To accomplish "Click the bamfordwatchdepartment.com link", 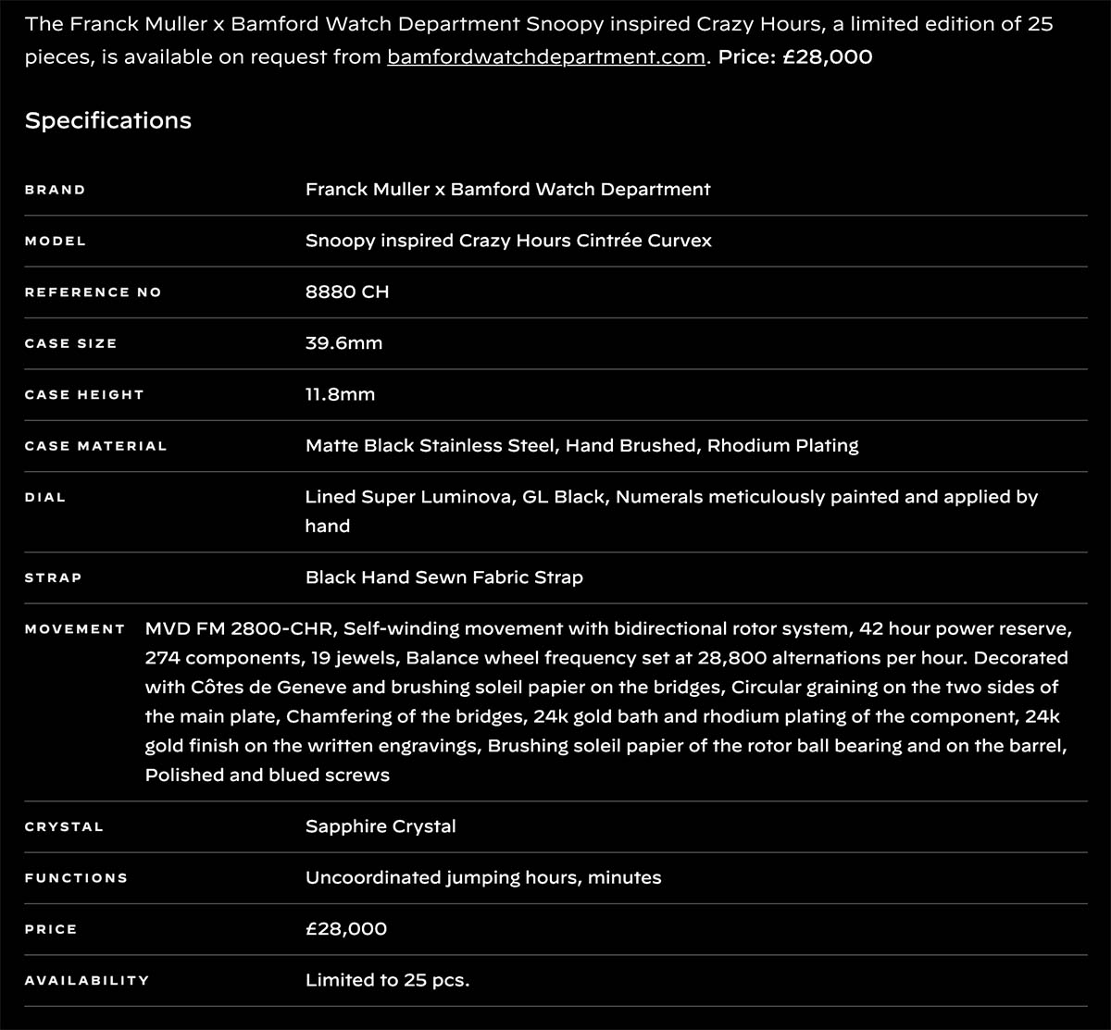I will (545, 57).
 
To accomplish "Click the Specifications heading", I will (108, 120).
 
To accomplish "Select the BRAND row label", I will (55, 190).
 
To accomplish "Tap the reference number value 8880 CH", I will (347, 292).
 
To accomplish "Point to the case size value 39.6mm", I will (343, 343).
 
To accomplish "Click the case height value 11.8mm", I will (340, 394).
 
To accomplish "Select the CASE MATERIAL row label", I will (95, 446).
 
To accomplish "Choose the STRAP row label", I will (53, 577).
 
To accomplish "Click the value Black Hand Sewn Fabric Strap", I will (444, 577).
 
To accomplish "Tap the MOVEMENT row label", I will (75, 629).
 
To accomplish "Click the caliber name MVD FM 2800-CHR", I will (243, 629).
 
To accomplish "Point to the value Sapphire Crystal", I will (381, 826).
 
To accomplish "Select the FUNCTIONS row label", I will (76, 878).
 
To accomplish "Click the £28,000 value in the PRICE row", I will (346, 929).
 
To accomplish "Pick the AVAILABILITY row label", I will (86, 981).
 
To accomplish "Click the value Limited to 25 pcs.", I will (387, 980).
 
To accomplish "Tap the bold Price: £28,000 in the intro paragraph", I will (795, 57).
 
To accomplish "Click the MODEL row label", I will (55, 241).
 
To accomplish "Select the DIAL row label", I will (45, 498).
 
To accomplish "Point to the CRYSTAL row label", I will (64, 827).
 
